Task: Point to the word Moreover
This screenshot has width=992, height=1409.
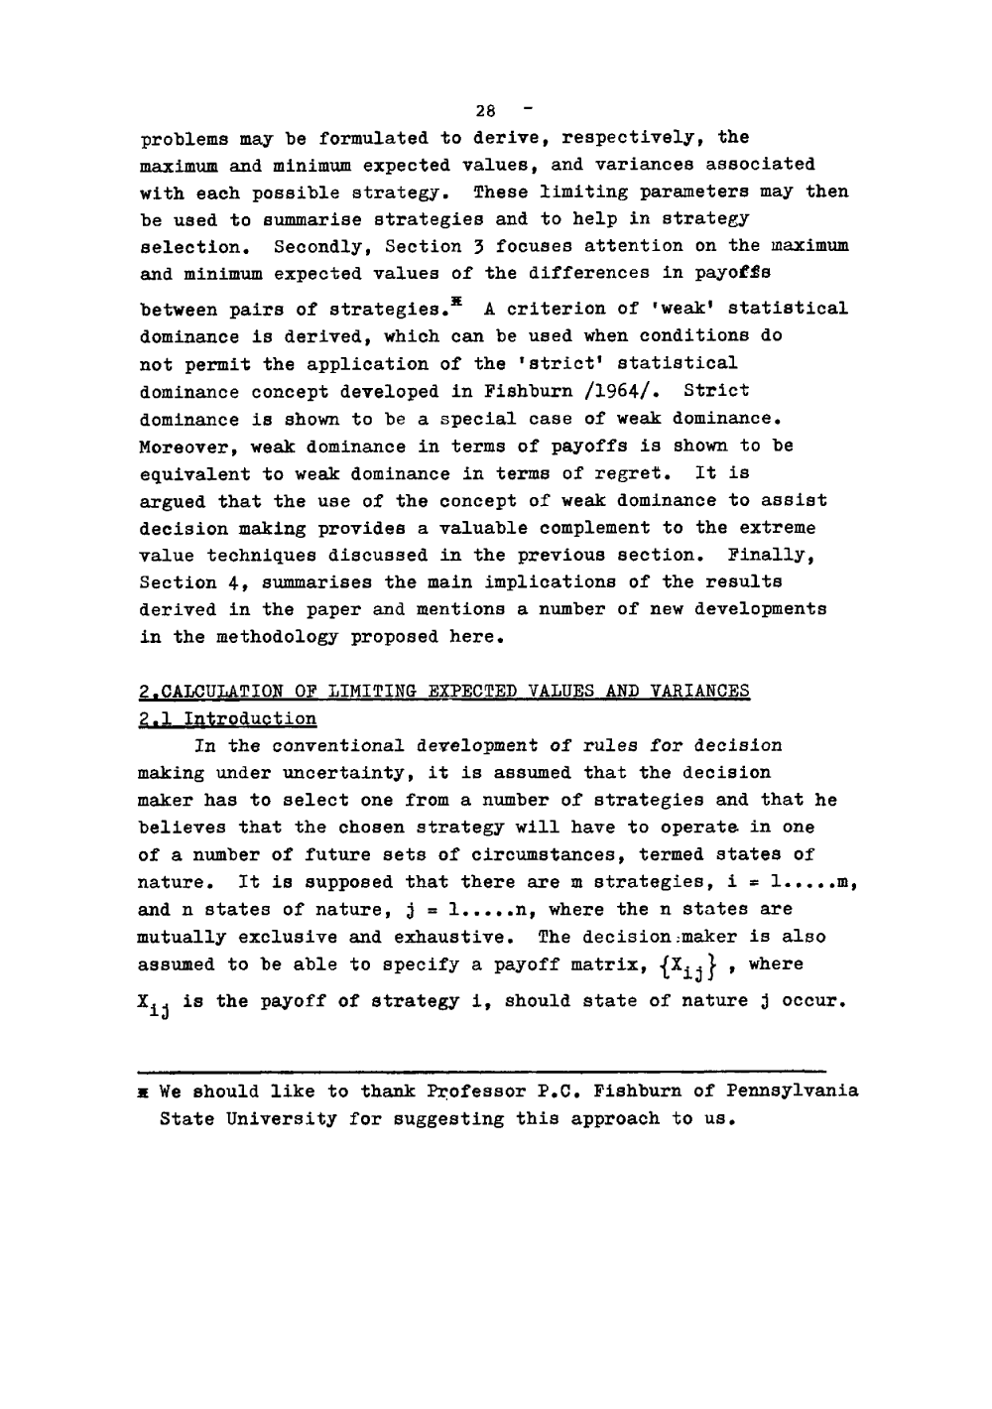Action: (184, 447)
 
